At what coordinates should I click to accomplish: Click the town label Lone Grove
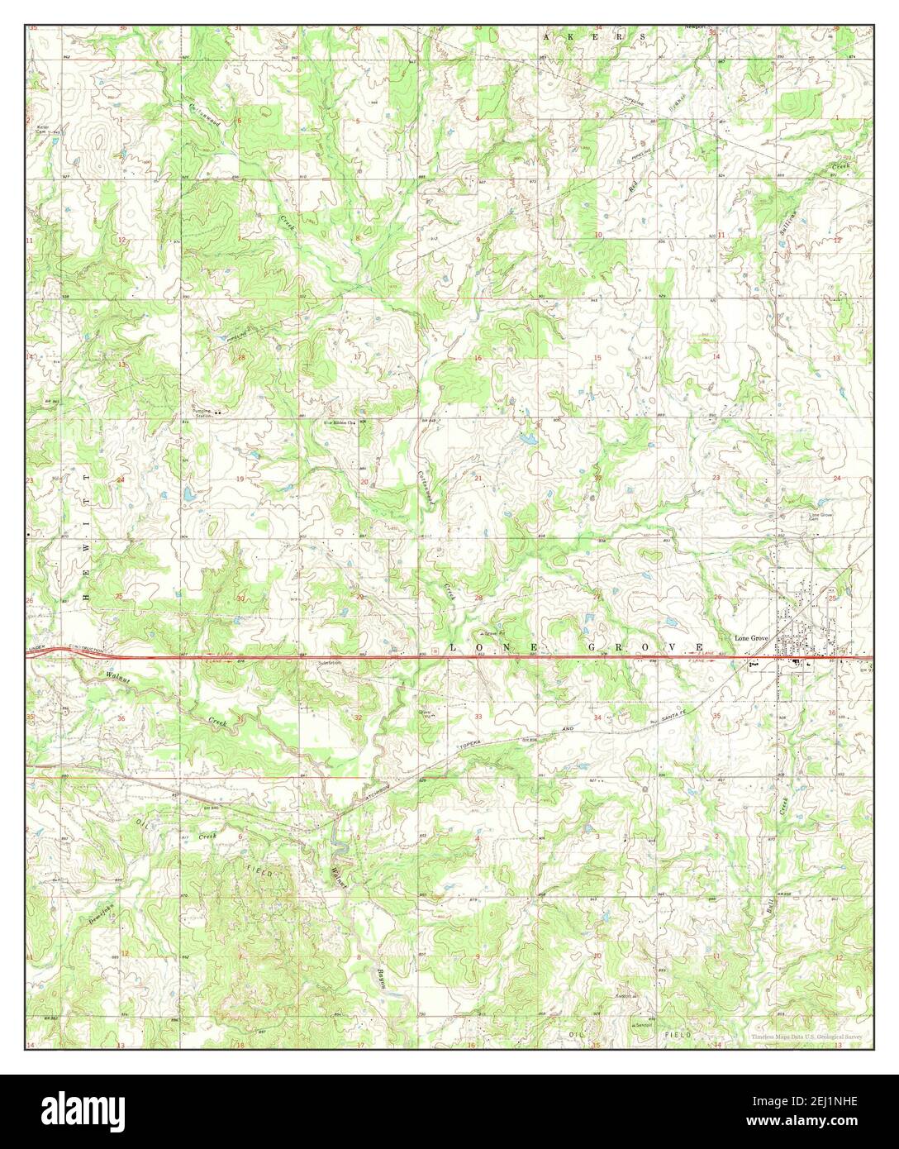coord(752,639)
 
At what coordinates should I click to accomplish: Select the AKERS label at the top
coord(594,38)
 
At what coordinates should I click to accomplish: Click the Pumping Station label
coord(202,412)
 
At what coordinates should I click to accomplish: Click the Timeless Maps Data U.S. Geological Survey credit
coord(806,1037)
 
